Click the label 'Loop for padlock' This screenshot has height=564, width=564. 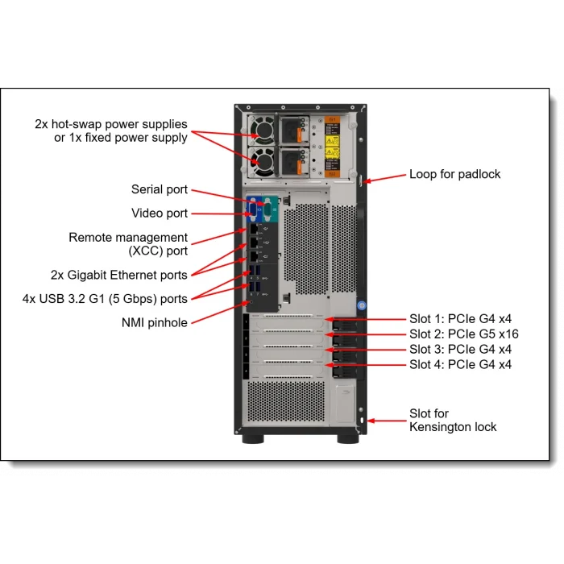pyautogui.click(x=454, y=174)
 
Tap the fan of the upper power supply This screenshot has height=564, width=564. pyautogui.click(x=263, y=132)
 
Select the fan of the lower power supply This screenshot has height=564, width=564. pyautogui.click(x=263, y=162)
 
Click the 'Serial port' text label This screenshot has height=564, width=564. pyautogui.click(x=160, y=189)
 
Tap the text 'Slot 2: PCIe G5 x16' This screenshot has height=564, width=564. pyautogui.click(x=464, y=334)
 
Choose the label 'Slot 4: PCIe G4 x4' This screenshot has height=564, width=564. pyautogui.click(x=460, y=364)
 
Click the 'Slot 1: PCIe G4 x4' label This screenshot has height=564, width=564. pyautogui.click(x=460, y=318)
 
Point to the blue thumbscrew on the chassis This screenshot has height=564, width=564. pyautogui.click(x=362, y=306)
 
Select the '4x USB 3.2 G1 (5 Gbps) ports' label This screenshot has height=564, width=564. pyautogui.click(x=105, y=299)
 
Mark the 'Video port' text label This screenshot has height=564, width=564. pyautogui.click(x=160, y=214)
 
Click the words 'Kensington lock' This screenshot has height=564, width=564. pyautogui.click(x=453, y=427)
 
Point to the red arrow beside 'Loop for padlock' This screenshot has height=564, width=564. pyautogui.click(x=387, y=177)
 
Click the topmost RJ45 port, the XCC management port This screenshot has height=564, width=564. pyautogui.click(x=254, y=230)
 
